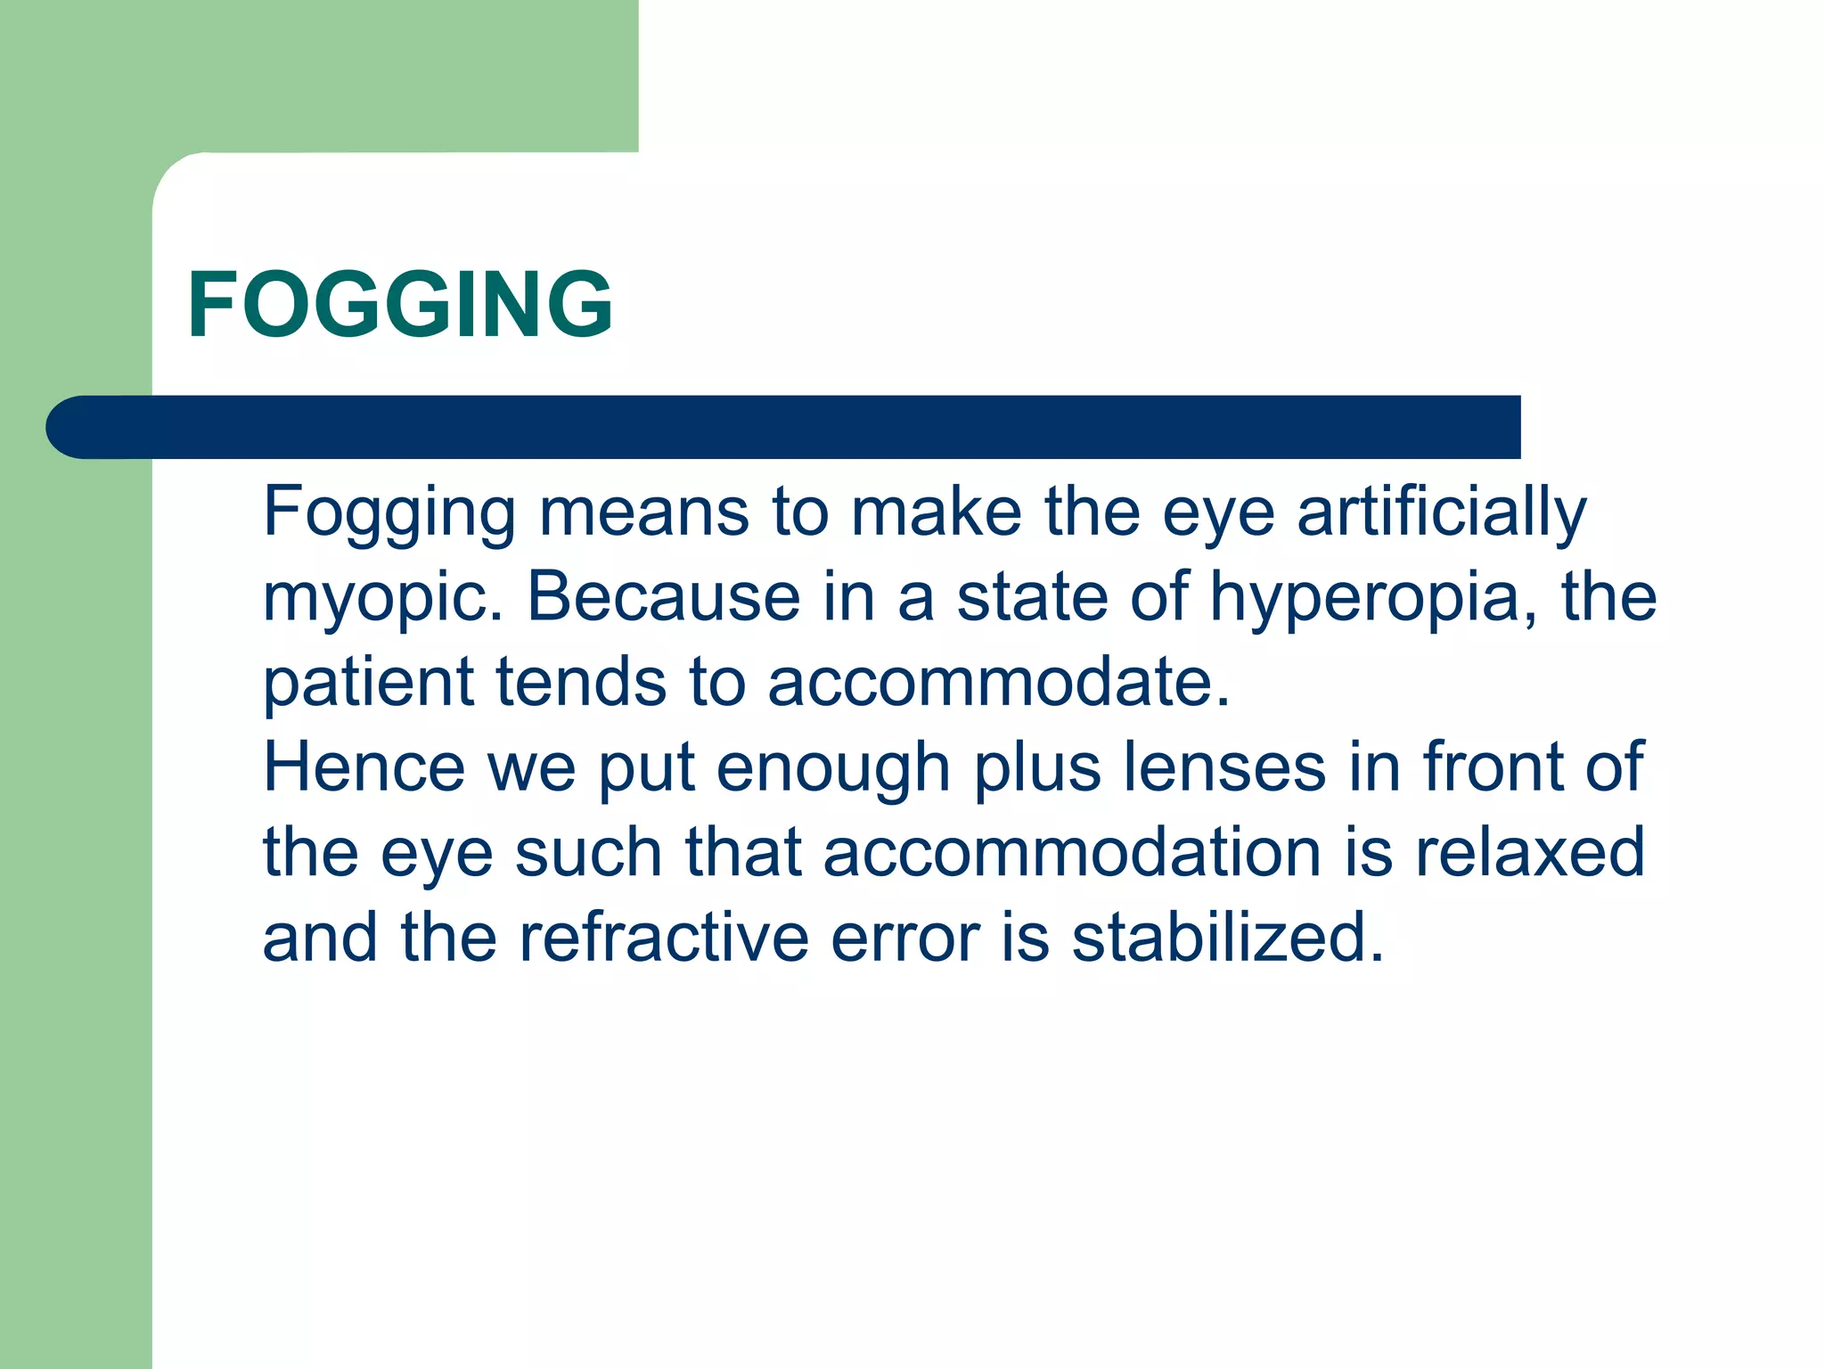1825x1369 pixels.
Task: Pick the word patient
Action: coord(368,683)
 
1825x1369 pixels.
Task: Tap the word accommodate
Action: coord(997,683)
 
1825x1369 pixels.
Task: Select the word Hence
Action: coord(364,766)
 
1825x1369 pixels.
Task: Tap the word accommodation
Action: coord(1072,852)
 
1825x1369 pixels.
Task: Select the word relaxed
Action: coord(1529,852)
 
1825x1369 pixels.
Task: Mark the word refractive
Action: coord(663,938)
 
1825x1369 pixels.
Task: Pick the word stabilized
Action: coord(1227,938)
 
